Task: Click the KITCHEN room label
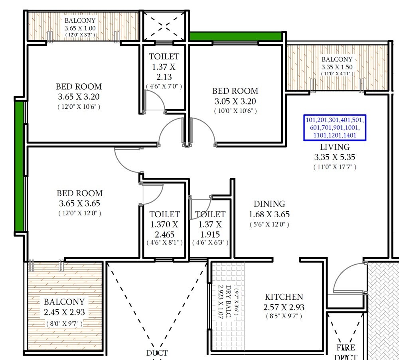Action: [x=284, y=297]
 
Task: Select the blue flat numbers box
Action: [x=335, y=128]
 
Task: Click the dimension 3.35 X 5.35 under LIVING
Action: [x=335, y=157]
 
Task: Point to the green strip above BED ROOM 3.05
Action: [x=235, y=36]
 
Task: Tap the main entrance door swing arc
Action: [x=341, y=275]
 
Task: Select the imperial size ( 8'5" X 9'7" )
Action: [x=284, y=316]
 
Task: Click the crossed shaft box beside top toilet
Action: [x=164, y=26]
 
